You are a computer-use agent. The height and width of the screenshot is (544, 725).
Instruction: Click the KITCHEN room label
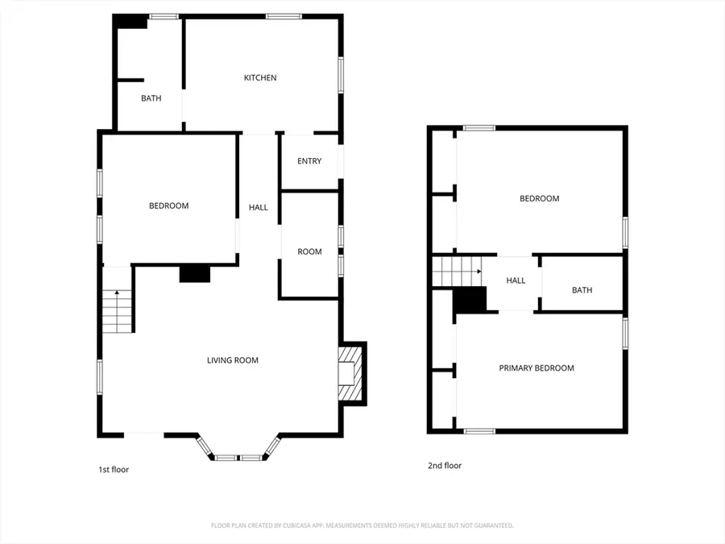click(x=260, y=78)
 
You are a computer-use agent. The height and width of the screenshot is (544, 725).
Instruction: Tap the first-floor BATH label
click(x=151, y=99)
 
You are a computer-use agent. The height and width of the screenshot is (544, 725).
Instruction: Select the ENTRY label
click(x=309, y=161)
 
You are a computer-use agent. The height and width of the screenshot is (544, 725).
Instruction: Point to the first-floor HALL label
click(x=258, y=208)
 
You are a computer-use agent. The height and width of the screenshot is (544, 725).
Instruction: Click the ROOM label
click(x=309, y=252)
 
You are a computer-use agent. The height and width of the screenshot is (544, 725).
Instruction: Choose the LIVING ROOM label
click(x=233, y=360)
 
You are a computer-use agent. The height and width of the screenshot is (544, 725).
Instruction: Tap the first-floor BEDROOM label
click(x=169, y=206)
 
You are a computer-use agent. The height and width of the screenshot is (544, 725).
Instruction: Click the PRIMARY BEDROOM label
click(x=536, y=368)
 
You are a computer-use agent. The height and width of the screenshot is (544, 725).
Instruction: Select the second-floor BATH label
click(x=582, y=290)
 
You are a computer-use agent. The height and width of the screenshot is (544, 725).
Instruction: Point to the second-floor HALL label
click(x=516, y=280)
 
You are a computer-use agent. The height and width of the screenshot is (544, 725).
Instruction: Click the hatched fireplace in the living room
click(x=350, y=372)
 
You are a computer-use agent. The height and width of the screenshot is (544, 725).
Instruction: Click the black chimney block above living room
click(x=194, y=274)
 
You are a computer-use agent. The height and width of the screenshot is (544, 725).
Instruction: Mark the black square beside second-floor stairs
click(x=470, y=301)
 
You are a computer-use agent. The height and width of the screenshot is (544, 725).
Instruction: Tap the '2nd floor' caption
click(x=444, y=465)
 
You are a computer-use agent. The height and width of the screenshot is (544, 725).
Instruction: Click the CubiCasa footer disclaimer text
click(x=362, y=525)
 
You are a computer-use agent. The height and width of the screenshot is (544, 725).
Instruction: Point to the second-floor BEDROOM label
click(x=539, y=199)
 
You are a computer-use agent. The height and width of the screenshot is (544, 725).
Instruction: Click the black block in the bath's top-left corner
click(x=130, y=23)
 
